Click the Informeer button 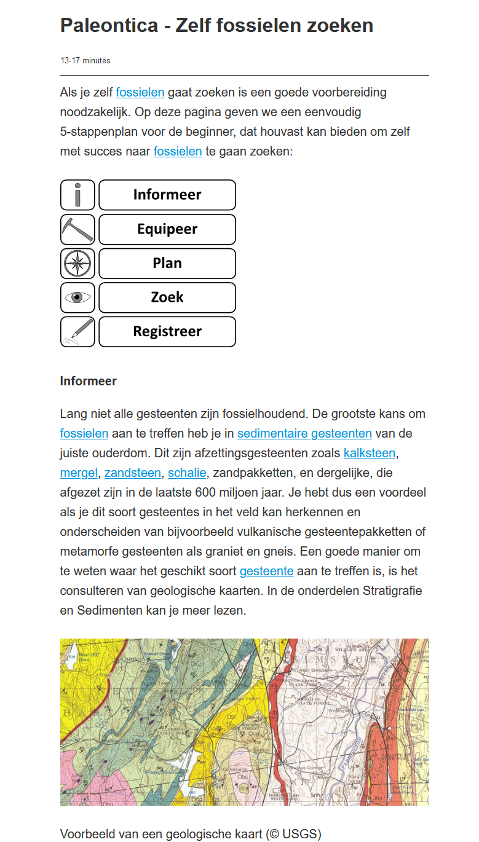[x=167, y=195]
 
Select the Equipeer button [x=167, y=229]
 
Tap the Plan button [x=167, y=264]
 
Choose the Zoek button [x=167, y=297]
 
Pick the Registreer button [x=167, y=332]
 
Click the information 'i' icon [x=77, y=195]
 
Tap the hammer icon [x=77, y=229]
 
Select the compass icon [x=77, y=264]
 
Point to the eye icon [x=77, y=297]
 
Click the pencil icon [x=77, y=332]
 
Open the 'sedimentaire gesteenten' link [x=304, y=433]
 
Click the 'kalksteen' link [x=369, y=453]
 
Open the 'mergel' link [x=79, y=473]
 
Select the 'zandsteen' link [x=133, y=473]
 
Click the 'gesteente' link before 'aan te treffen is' [x=266, y=571]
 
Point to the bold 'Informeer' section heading [x=88, y=381]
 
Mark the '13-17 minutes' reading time [x=85, y=61]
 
